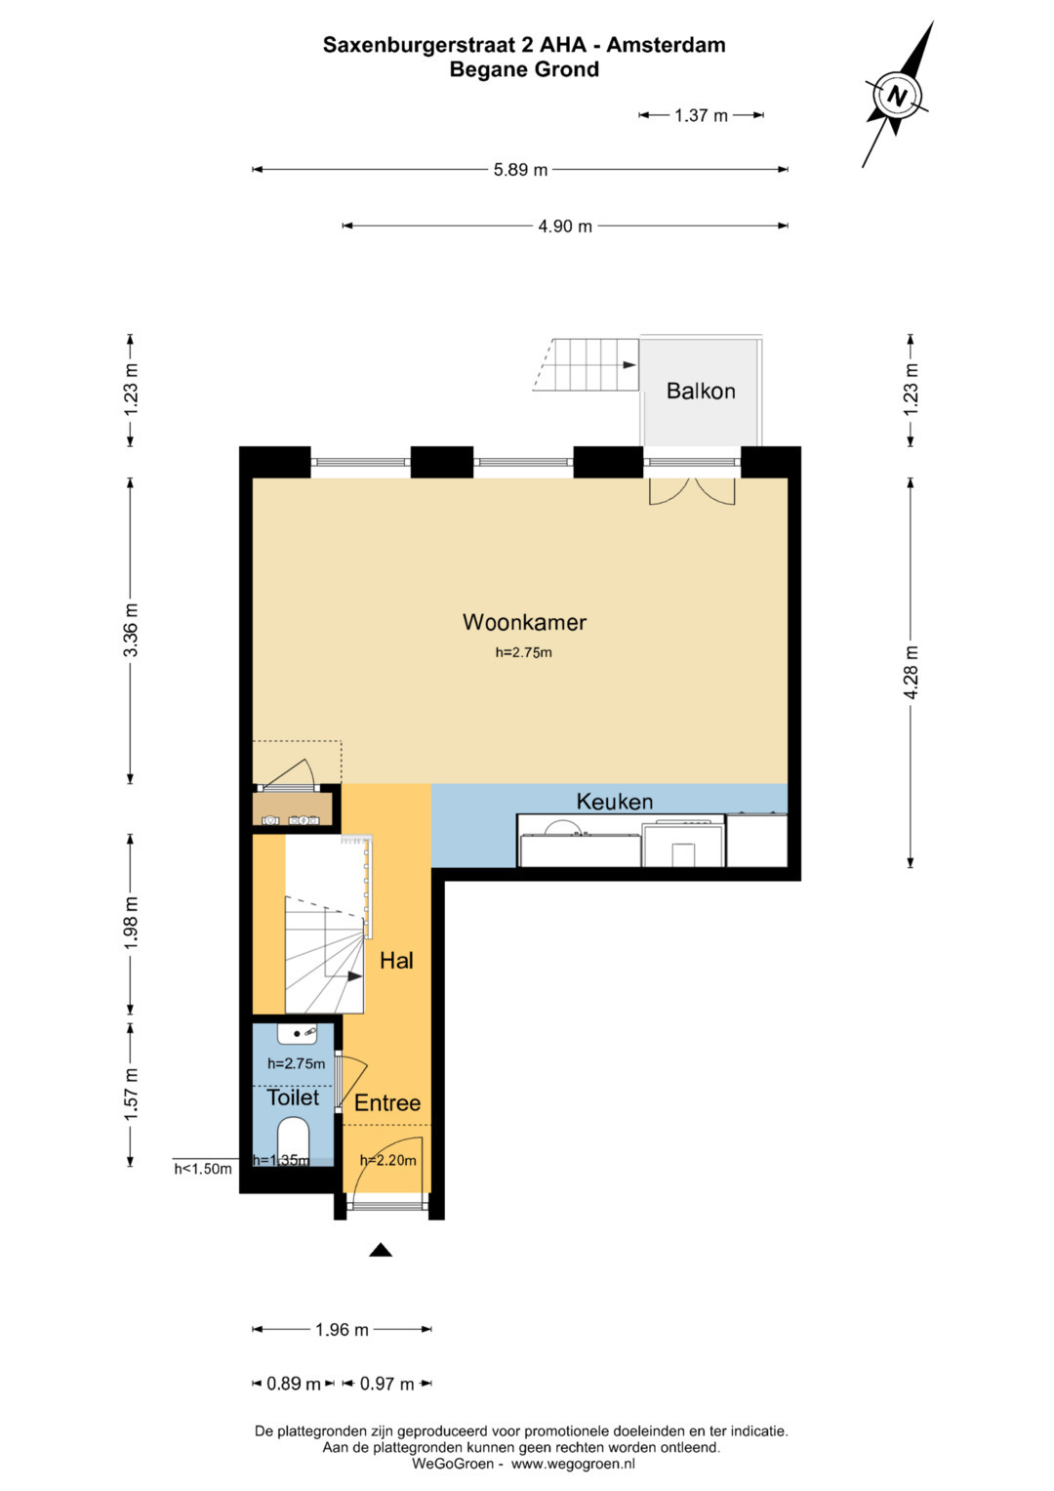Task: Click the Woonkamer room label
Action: pos(524,622)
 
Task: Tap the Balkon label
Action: pos(701,391)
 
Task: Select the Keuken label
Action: pos(614,802)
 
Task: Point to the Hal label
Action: pos(396,961)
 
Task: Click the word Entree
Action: pos(387,1103)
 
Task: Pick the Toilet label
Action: pos(293,1098)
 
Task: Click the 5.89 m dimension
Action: pos(520,170)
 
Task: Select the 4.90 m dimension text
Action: pos(565,227)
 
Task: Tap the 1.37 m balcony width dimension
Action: pos(702,116)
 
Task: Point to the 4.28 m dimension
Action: pos(912,672)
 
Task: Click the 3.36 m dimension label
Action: pos(131,630)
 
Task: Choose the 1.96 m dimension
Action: pos(342,1330)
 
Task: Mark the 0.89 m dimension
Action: pos(294,1385)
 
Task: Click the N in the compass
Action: pos(897,98)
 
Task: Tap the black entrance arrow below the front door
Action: pos(381,1250)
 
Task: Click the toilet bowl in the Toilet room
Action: pos(293,1139)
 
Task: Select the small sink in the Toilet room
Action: pos(297,1034)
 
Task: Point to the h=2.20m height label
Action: pos(388,1161)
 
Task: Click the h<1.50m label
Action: pos(203,1170)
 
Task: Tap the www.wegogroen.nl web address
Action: pos(573,1464)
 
